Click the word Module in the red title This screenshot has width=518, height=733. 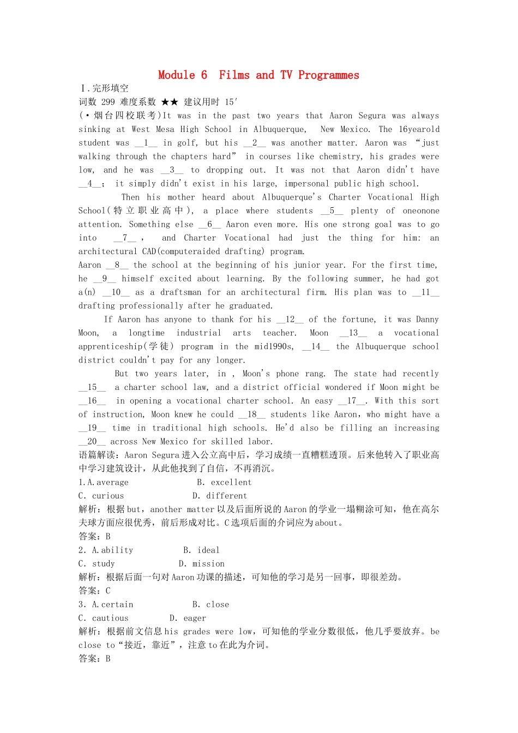pyautogui.click(x=176, y=75)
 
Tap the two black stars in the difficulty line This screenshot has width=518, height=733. pyautogui.click(x=170, y=102)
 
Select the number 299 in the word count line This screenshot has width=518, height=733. pyautogui.click(x=108, y=102)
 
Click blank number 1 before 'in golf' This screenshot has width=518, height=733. pyautogui.click(x=146, y=143)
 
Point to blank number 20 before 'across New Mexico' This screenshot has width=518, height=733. pyautogui.click(x=92, y=442)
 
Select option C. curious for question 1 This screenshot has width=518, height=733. pyautogui.click(x=101, y=496)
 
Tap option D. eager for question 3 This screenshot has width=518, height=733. pyautogui.click(x=188, y=618)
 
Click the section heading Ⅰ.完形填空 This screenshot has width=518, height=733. pyautogui.click(x=104, y=88)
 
